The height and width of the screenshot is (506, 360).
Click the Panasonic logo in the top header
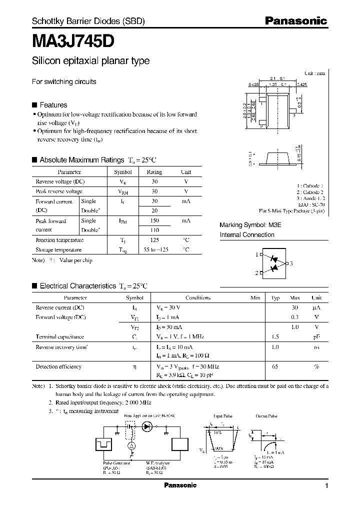pos(295,21)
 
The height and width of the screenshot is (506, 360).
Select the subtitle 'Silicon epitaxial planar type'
pos(90,61)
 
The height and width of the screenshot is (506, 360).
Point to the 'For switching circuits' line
pos(64,81)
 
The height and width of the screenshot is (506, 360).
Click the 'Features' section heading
pos(53,105)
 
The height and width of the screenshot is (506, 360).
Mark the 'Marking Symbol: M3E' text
pos(250,225)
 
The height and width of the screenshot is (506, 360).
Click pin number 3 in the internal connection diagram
pos(291,263)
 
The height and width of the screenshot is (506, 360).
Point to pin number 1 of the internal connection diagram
pos(256,254)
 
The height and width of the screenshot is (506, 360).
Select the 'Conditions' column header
pos(198,297)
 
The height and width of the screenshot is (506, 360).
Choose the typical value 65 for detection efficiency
pos(275,366)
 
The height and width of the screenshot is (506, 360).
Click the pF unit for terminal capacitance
pos(316,336)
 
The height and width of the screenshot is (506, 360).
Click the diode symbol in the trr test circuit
pos(147,426)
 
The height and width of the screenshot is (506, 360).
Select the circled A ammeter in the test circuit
pos(131,445)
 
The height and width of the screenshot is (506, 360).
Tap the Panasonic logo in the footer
pos(180,485)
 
